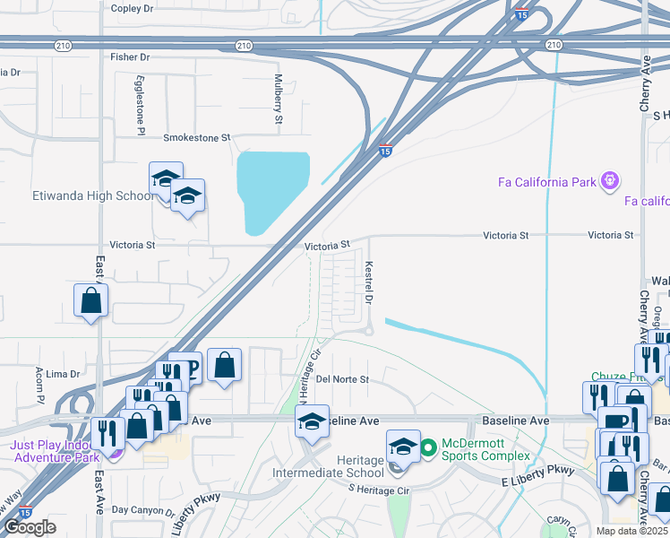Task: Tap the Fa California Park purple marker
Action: tap(610, 182)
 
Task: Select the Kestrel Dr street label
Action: tap(368, 281)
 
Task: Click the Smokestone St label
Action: tap(196, 138)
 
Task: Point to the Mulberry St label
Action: tap(279, 99)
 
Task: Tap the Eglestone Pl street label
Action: tap(141, 105)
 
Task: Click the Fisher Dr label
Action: tap(131, 56)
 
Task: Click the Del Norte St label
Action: tap(342, 379)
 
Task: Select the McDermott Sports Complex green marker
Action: tap(429, 446)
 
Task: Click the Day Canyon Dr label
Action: tap(142, 512)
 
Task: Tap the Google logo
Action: tap(30, 527)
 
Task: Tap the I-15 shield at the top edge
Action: tap(521, 13)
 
